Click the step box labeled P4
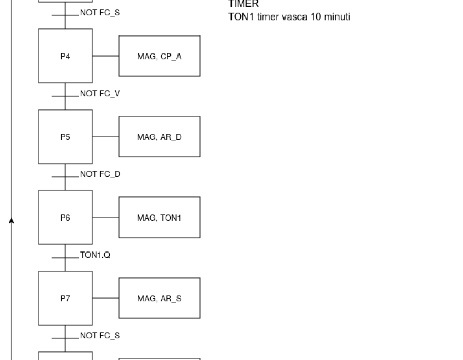(65, 56)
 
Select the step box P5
(65, 137)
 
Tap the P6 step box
(65, 218)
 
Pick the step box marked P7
(65, 298)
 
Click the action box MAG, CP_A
(159, 56)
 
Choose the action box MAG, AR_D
(159, 137)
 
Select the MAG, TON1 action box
(159, 218)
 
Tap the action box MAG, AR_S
(159, 298)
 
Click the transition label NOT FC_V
(100, 94)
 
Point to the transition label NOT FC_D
(100, 174)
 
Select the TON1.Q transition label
(95, 255)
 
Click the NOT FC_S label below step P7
(100, 336)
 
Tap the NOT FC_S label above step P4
(100, 13)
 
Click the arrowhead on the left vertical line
(11, 221)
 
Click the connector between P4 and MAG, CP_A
(105, 56)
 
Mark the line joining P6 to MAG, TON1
(105, 218)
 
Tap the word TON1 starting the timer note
(241, 17)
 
